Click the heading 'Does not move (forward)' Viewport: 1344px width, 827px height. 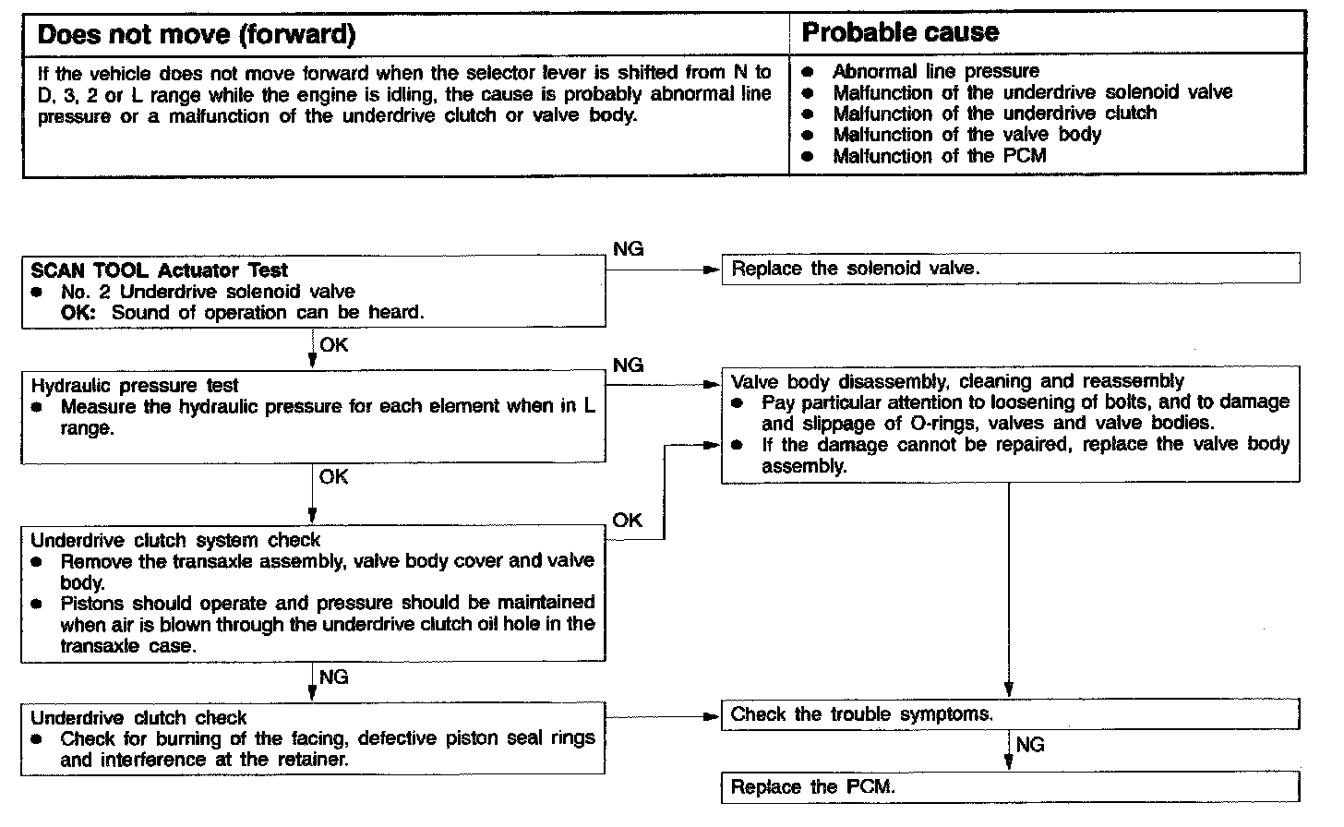pos(196,35)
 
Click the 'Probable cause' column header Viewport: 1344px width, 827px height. pos(900,33)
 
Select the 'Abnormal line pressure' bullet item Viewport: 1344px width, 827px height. pos(935,71)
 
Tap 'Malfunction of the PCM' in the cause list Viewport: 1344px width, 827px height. pos(939,156)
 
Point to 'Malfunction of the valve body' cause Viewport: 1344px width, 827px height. pos(966,135)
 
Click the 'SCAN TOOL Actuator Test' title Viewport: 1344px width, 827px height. pos(159,270)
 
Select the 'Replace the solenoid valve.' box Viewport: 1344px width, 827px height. pos(1010,269)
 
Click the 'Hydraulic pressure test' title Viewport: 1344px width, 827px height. pos(135,386)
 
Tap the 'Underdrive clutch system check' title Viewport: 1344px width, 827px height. pos(175,540)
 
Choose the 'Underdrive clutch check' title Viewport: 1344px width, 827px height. pos(138,717)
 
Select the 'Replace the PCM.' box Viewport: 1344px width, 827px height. pos(1010,787)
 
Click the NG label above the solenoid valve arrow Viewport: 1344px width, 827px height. pos(628,249)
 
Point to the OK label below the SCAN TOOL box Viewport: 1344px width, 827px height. pos(333,345)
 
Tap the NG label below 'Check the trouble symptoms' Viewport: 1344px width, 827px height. pos(1030,745)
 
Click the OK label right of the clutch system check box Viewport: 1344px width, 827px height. pos(627,521)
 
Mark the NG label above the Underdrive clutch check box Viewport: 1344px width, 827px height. pos(333,677)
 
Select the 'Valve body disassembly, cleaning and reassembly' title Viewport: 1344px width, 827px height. pos(957,381)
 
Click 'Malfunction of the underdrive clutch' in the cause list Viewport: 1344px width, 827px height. pos(994,114)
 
